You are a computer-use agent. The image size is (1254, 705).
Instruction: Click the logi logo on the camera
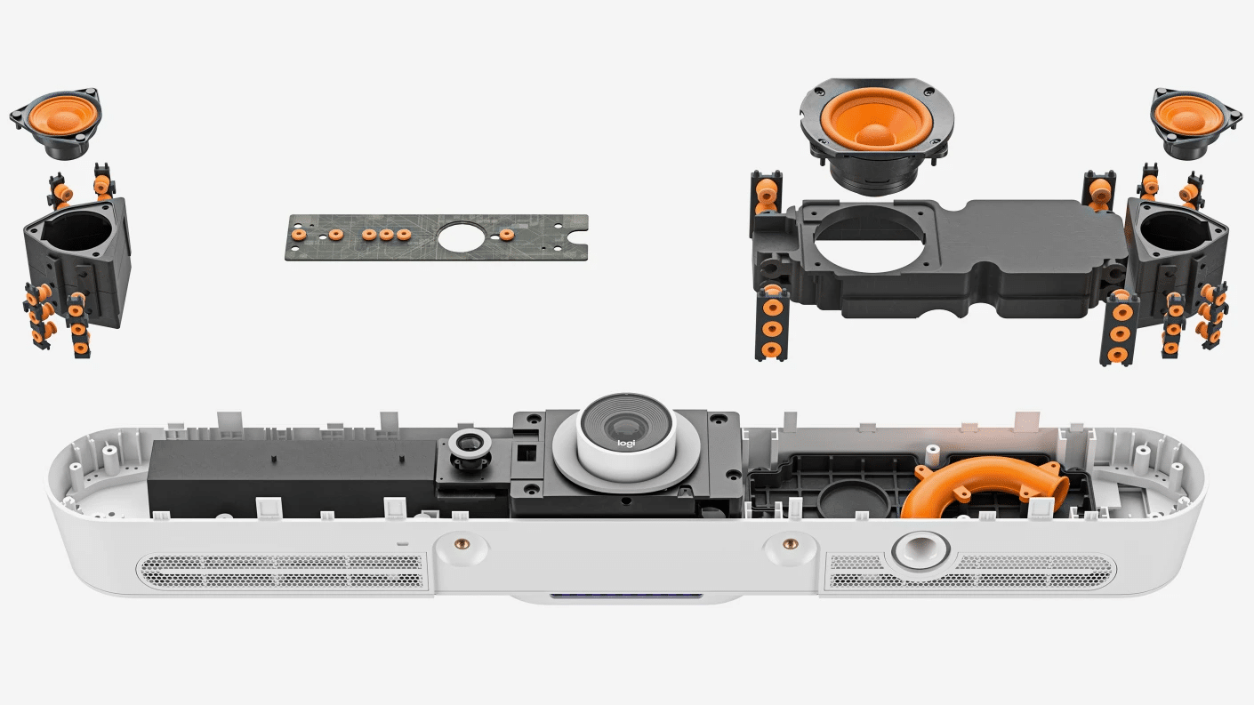click(x=626, y=444)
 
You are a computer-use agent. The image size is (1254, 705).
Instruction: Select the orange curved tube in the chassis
click(x=985, y=485)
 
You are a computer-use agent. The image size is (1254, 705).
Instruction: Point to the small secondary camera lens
click(x=469, y=445)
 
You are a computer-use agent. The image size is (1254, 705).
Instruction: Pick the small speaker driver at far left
click(x=57, y=122)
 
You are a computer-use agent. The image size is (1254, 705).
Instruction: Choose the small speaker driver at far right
click(x=1196, y=122)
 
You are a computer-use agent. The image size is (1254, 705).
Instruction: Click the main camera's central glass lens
click(x=625, y=427)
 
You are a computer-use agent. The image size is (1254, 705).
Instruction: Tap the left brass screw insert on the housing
click(x=462, y=543)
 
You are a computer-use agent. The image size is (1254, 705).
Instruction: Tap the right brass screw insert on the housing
click(x=790, y=543)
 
